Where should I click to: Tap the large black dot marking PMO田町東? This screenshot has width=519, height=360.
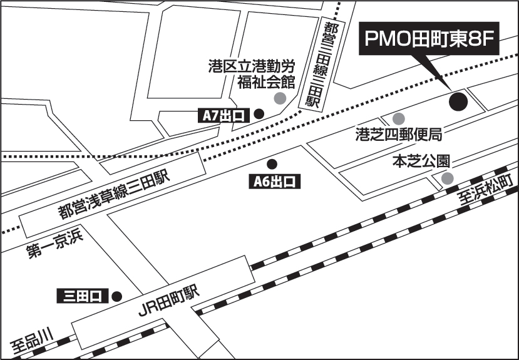[459, 101]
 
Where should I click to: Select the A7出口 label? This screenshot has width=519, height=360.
[224, 115]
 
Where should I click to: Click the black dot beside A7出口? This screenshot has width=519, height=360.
[258, 114]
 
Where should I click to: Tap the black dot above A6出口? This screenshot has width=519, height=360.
[272, 164]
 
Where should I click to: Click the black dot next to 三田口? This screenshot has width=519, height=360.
[116, 296]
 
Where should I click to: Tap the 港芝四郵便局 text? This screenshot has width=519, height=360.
[399, 134]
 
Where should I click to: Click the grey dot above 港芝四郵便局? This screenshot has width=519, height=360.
[398, 118]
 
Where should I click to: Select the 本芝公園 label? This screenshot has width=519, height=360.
[421, 162]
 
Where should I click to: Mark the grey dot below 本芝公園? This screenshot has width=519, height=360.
[447, 179]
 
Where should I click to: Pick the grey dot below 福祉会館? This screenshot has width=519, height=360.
[280, 98]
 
